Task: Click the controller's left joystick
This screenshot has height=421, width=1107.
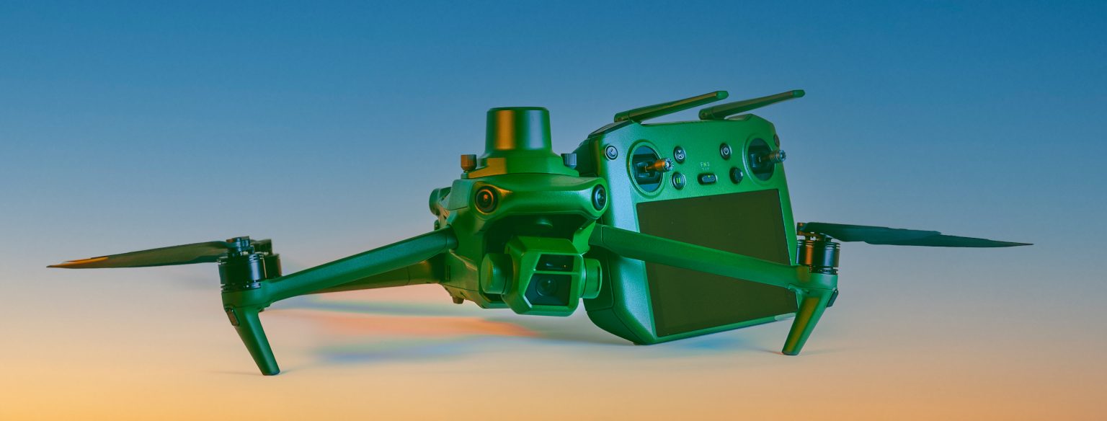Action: pos(653,166)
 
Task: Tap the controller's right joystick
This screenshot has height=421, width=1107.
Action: pos(765,156)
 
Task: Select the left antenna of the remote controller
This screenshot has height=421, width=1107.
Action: pos(670,106)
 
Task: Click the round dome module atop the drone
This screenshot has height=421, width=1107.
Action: pos(518,130)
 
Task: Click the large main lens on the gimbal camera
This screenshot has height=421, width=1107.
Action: pos(546,286)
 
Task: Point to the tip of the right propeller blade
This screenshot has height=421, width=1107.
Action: pos(1027,244)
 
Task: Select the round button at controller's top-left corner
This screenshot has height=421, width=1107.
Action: pos(611,152)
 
